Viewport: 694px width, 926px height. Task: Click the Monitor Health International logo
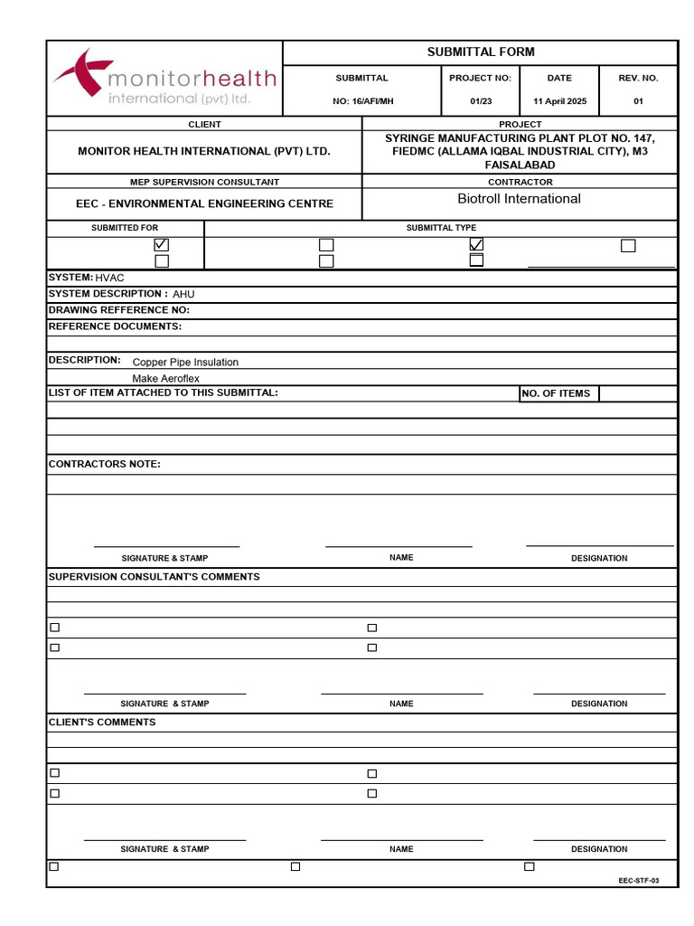click(164, 79)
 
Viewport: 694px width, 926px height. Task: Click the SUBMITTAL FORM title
click(481, 52)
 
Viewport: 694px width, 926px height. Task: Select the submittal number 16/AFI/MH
click(362, 101)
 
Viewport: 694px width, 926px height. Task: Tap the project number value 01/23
click(481, 101)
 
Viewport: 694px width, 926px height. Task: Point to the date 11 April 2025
click(559, 101)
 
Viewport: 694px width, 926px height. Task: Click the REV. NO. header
click(638, 79)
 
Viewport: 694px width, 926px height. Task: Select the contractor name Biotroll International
click(519, 199)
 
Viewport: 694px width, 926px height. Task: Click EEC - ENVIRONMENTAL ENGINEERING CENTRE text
click(204, 204)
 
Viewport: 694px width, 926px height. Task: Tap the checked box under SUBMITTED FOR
click(162, 245)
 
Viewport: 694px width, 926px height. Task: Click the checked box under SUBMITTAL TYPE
click(476, 245)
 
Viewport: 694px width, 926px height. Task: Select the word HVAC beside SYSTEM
click(109, 278)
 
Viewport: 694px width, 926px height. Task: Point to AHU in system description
click(183, 294)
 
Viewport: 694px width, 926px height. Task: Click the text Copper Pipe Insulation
click(185, 363)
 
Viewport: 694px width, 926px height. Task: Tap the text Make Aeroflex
click(165, 379)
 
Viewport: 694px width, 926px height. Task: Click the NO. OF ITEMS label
click(556, 393)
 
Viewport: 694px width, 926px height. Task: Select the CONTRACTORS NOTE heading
click(104, 464)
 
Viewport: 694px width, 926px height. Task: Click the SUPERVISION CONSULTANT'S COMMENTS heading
click(154, 577)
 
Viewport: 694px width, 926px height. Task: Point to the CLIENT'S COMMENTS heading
click(101, 723)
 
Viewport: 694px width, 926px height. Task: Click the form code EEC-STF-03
click(639, 881)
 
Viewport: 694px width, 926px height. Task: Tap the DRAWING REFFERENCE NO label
click(118, 310)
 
